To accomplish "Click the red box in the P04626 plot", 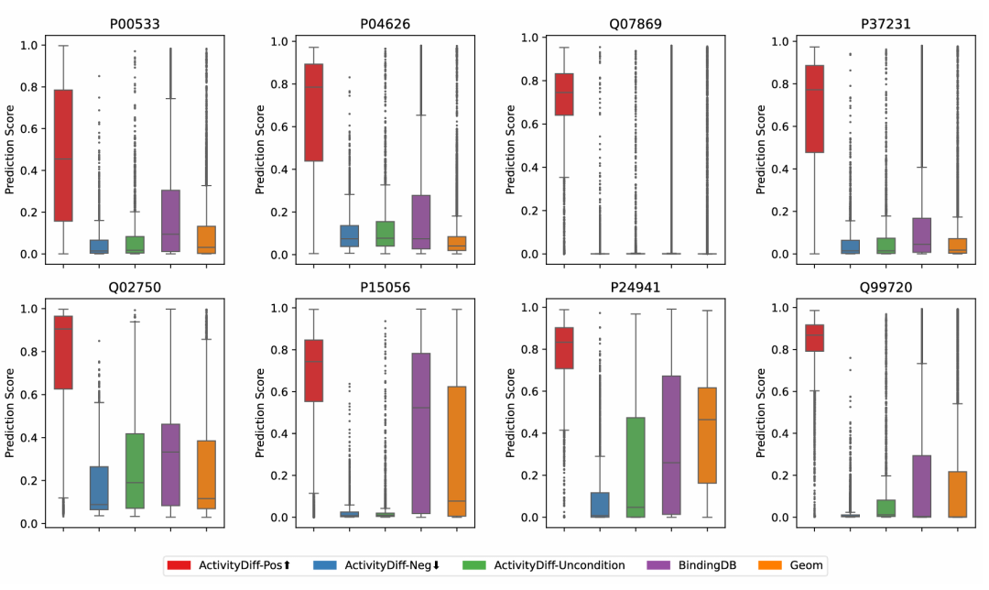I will pos(313,112).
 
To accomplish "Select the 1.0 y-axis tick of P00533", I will pos(29,44).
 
